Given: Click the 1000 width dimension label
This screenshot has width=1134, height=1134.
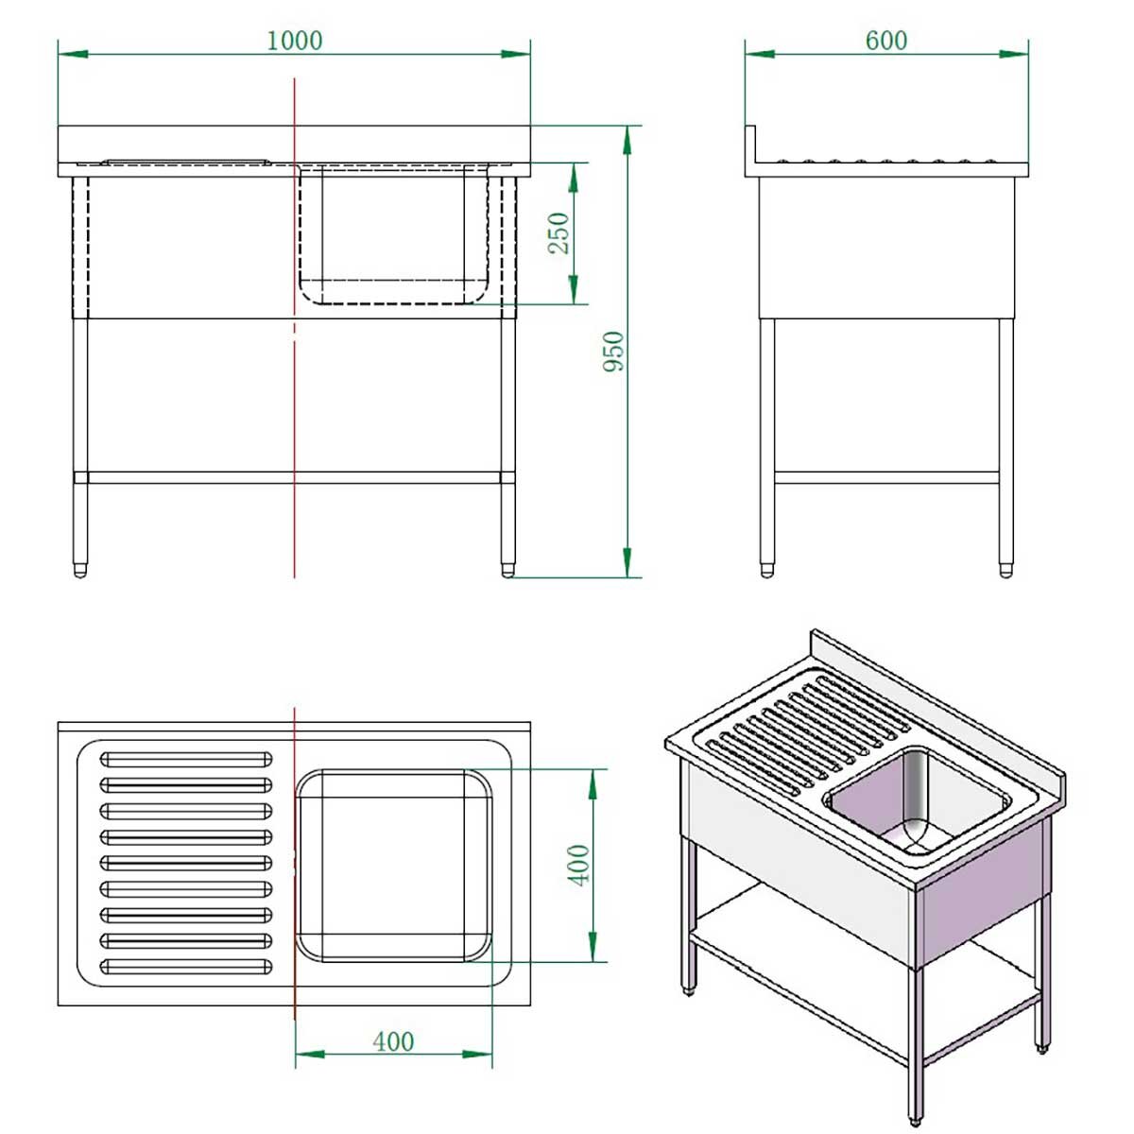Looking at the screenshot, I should pyautogui.click(x=294, y=41).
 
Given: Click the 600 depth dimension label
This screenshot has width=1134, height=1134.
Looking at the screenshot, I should pyautogui.click(x=885, y=41).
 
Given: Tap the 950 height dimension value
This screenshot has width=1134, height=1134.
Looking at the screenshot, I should pyautogui.click(x=614, y=351).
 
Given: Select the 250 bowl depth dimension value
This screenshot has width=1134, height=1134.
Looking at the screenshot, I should pyautogui.click(x=559, y=232).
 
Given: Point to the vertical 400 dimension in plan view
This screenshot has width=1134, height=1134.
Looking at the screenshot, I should pyautogui.click(x=578, y=865).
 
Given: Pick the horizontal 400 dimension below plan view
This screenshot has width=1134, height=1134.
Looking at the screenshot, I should pyautogui.click(x=393, y=1041).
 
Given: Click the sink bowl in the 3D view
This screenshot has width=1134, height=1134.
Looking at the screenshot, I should pyautogui.click(x=912, y=799).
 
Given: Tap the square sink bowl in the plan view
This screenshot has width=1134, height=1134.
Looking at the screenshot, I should pyautogui.click(x=393, y=865).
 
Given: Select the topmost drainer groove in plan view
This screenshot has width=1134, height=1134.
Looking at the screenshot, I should pyautogui.click(x=185, y=759).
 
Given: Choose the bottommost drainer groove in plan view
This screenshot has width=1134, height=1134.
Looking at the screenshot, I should pyautogui.click(x=185, y=966).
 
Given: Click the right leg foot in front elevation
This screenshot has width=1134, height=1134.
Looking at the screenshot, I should pyautogui.click(x=508, y=570).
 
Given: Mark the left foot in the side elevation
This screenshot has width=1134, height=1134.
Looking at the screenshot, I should pyautogui.click(x=766, y=570).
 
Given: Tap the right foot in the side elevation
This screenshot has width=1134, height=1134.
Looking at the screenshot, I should pyautogui.click(x=1005, y=570).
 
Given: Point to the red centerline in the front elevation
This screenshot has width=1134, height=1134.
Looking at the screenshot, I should pyautogui.click(x=295, y=397).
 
